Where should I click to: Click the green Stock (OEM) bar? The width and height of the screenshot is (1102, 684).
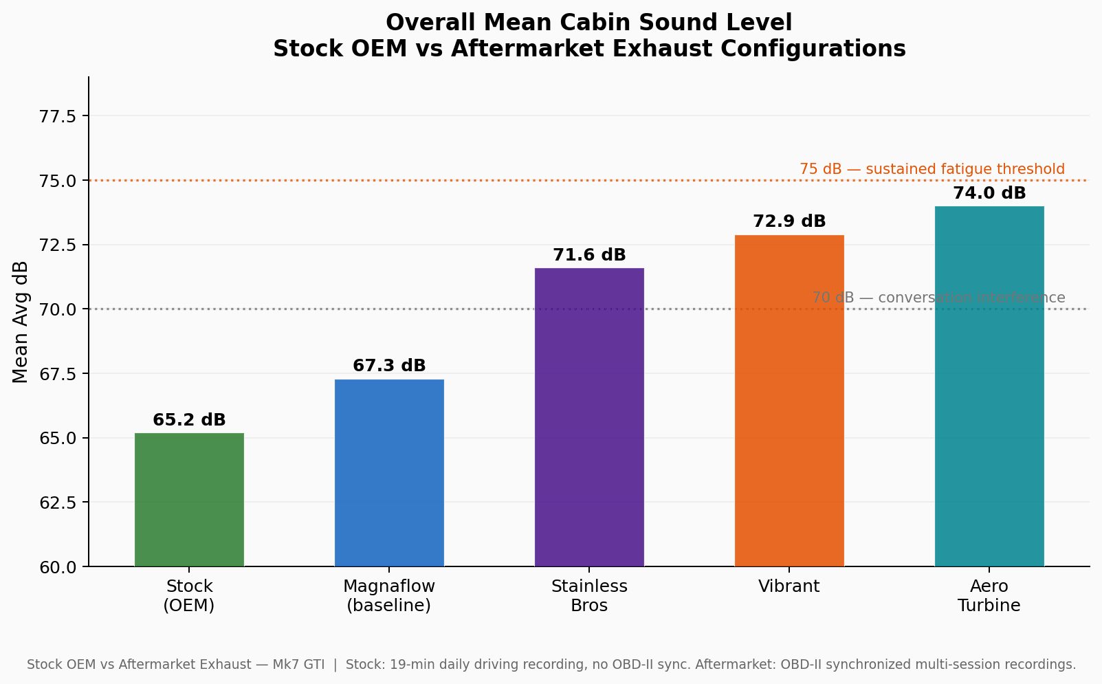[x=189, y=500]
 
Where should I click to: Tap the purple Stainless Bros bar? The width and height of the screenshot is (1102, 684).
[x=589, y=417]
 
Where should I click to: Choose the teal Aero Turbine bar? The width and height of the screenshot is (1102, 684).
[x=989, y=386]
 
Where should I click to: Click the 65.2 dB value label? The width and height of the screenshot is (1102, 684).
[x=189, y=420]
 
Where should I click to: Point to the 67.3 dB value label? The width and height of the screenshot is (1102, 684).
[x=389, y=366]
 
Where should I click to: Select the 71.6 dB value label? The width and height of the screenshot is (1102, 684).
[x=589, y=255]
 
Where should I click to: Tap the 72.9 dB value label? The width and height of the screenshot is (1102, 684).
[x=789, y=221]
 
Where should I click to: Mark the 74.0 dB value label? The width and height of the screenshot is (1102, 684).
[x=989, y=193]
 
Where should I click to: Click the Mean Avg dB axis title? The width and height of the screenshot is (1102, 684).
[x=21, y=322]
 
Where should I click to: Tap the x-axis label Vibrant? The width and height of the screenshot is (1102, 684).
[x=789, y=586]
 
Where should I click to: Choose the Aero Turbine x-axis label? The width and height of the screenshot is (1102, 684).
[x=989, y=596]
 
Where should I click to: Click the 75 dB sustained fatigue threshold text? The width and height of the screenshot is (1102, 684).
[x=932, y=169]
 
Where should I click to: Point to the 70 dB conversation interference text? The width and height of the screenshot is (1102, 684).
[x=938, y=298]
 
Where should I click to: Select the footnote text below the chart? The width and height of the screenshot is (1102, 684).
[x=551, y=665]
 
